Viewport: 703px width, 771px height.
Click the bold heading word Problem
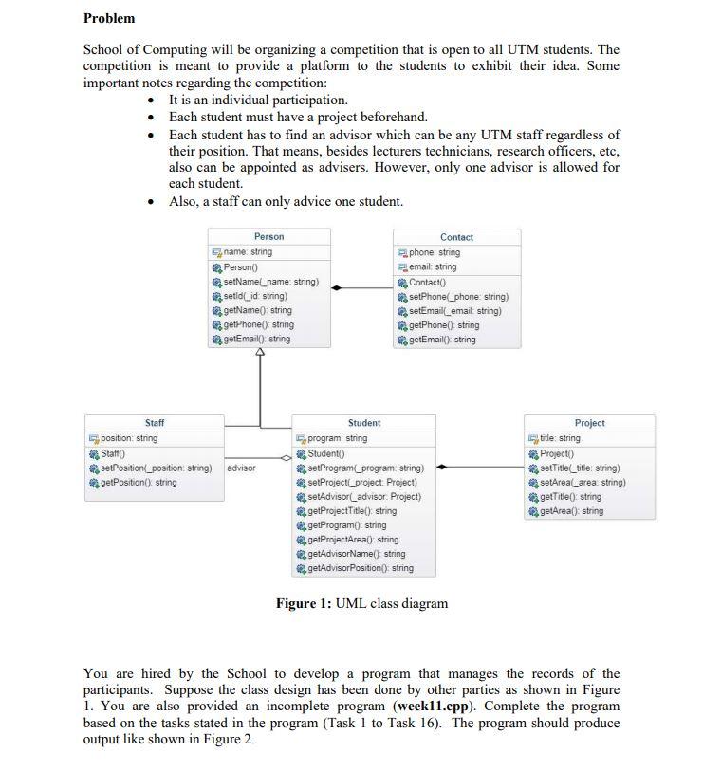[x=109, y=18]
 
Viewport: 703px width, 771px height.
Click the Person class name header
[x=268, y=236]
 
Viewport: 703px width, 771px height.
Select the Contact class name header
[x=456, y=237]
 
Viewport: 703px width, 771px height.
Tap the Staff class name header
[x=155, y=423]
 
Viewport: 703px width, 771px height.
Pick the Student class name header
[x=364, y=423]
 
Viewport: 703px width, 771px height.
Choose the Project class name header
[x=589, y=423]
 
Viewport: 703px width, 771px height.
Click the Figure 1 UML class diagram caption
[x=361, y=603]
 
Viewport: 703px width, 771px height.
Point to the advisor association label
[x=242, y=468]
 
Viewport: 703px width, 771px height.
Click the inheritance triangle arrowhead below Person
[x=260, y=354]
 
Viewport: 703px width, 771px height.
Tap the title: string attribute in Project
[x=560, y=438]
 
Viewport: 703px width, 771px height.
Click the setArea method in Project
[x=582, y=482]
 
